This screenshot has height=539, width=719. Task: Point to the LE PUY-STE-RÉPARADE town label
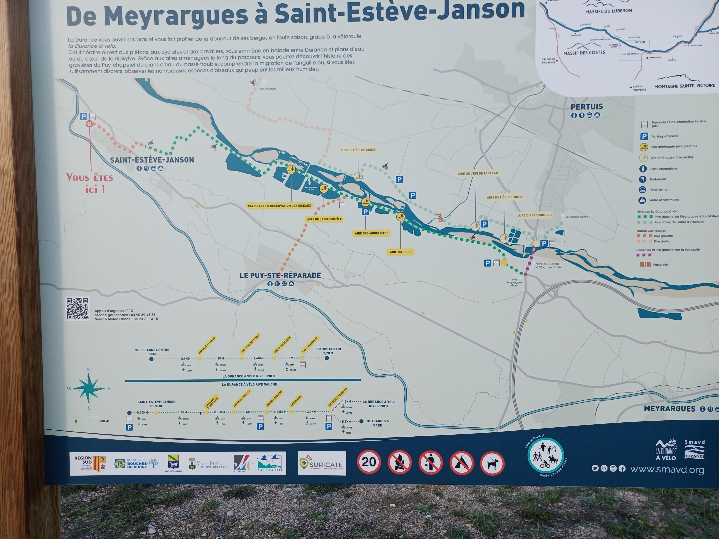280,275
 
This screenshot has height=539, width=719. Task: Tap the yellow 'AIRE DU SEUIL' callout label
400,252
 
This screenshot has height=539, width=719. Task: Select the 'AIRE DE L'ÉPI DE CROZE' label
358,150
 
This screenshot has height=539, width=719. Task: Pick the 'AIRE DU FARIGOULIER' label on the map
535,215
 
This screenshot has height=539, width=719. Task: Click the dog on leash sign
492,463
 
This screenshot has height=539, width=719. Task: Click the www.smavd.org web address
667,469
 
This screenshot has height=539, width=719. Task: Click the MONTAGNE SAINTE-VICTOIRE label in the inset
684,86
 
